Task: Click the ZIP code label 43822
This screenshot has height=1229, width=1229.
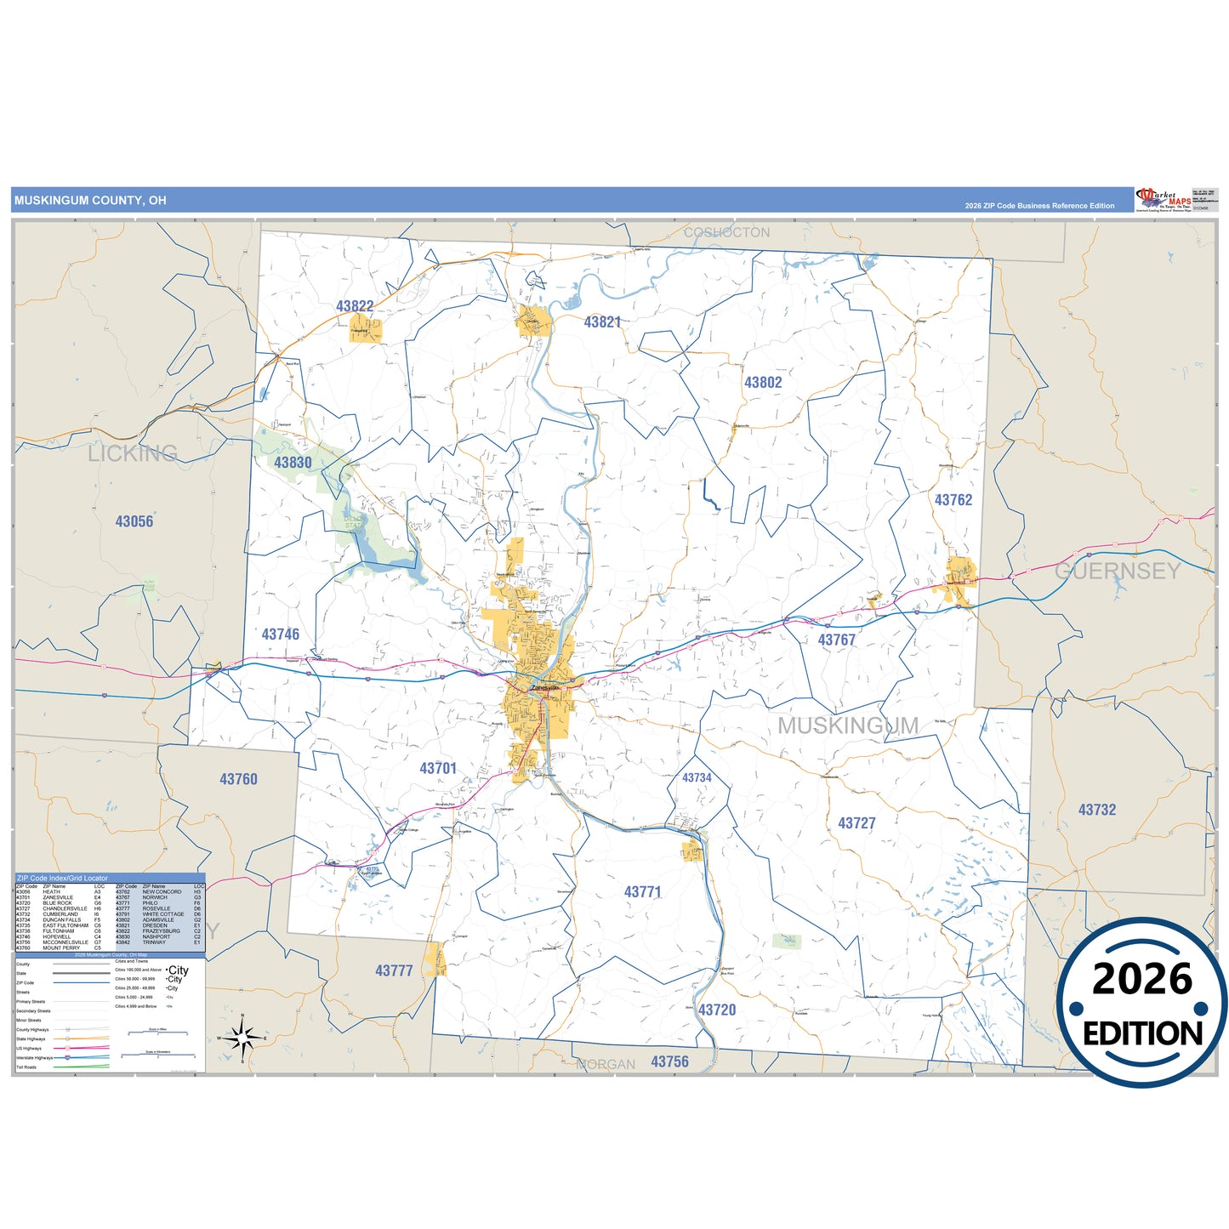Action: [355, 306]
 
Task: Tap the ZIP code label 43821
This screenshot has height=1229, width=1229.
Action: [602, 322]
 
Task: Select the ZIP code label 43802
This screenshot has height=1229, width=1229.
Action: [763, 383]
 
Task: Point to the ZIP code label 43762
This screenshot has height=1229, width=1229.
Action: [953, 500]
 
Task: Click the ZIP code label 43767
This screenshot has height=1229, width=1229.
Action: [836, 640]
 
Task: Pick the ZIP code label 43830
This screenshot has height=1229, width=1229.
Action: [293, 463]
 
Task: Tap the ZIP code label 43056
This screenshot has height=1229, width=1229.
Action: [134, 521]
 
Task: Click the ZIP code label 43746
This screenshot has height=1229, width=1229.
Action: [281, 634]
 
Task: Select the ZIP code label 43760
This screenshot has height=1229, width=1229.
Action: [238, 779]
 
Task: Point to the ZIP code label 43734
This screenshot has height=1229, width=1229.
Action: [697, 777]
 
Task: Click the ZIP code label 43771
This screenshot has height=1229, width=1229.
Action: [642, 892]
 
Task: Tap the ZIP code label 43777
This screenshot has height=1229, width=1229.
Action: [394, 970]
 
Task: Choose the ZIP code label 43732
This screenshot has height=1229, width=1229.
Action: [1097, 810]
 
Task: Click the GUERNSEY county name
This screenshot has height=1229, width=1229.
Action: [1118, 571]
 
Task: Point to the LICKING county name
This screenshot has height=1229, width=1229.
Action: [133, 453]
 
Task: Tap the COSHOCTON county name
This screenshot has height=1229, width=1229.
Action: [726, 232]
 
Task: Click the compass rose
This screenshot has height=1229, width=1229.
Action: [243, 1038]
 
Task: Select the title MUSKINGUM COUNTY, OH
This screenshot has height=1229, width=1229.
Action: [90, 201]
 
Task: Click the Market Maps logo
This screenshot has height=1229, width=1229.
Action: [1163, 200]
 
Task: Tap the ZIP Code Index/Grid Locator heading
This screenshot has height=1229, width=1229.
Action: [63, 878]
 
